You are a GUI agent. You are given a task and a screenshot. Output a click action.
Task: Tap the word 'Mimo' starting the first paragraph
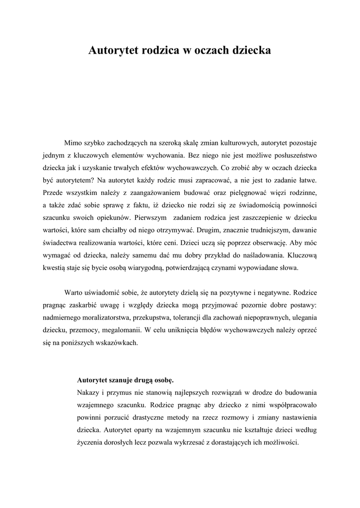pos(74,143)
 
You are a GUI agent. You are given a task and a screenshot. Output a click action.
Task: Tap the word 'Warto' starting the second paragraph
pos(73,292)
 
